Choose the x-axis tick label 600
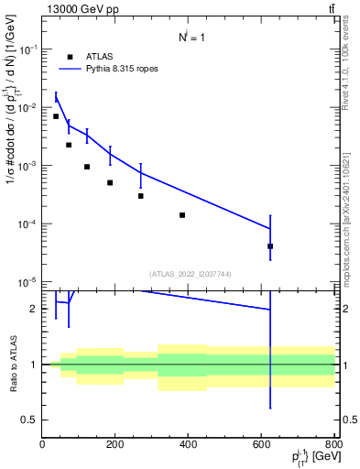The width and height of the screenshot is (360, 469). pyautogui.click(x=262, y=444)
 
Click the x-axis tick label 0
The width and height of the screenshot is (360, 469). pyautogui.click(x=42, y=444)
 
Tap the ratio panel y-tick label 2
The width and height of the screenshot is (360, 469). pyautogui.click(x=35, y=309)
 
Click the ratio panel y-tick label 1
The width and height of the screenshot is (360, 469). pyautogui.click(x=35, y=365)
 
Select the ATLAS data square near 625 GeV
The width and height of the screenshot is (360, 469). pyautogui.click(x=270, y=246)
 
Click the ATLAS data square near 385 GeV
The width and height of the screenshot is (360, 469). pyautogui.click(x=182, y=215)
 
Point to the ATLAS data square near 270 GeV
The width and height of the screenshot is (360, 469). pyautogui.click(x=141, y=196)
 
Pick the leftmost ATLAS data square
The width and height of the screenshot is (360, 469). pyautogui.click(x=56, y=116)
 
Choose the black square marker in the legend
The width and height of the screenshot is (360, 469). pyautogui.click(x=70, y=56)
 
